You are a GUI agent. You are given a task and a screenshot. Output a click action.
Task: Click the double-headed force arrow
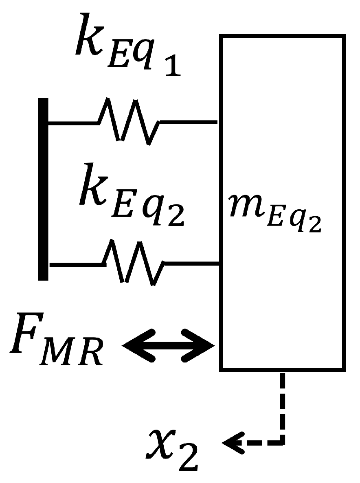click(168, 345)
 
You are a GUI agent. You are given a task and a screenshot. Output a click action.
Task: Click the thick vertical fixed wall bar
click(43, 189)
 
